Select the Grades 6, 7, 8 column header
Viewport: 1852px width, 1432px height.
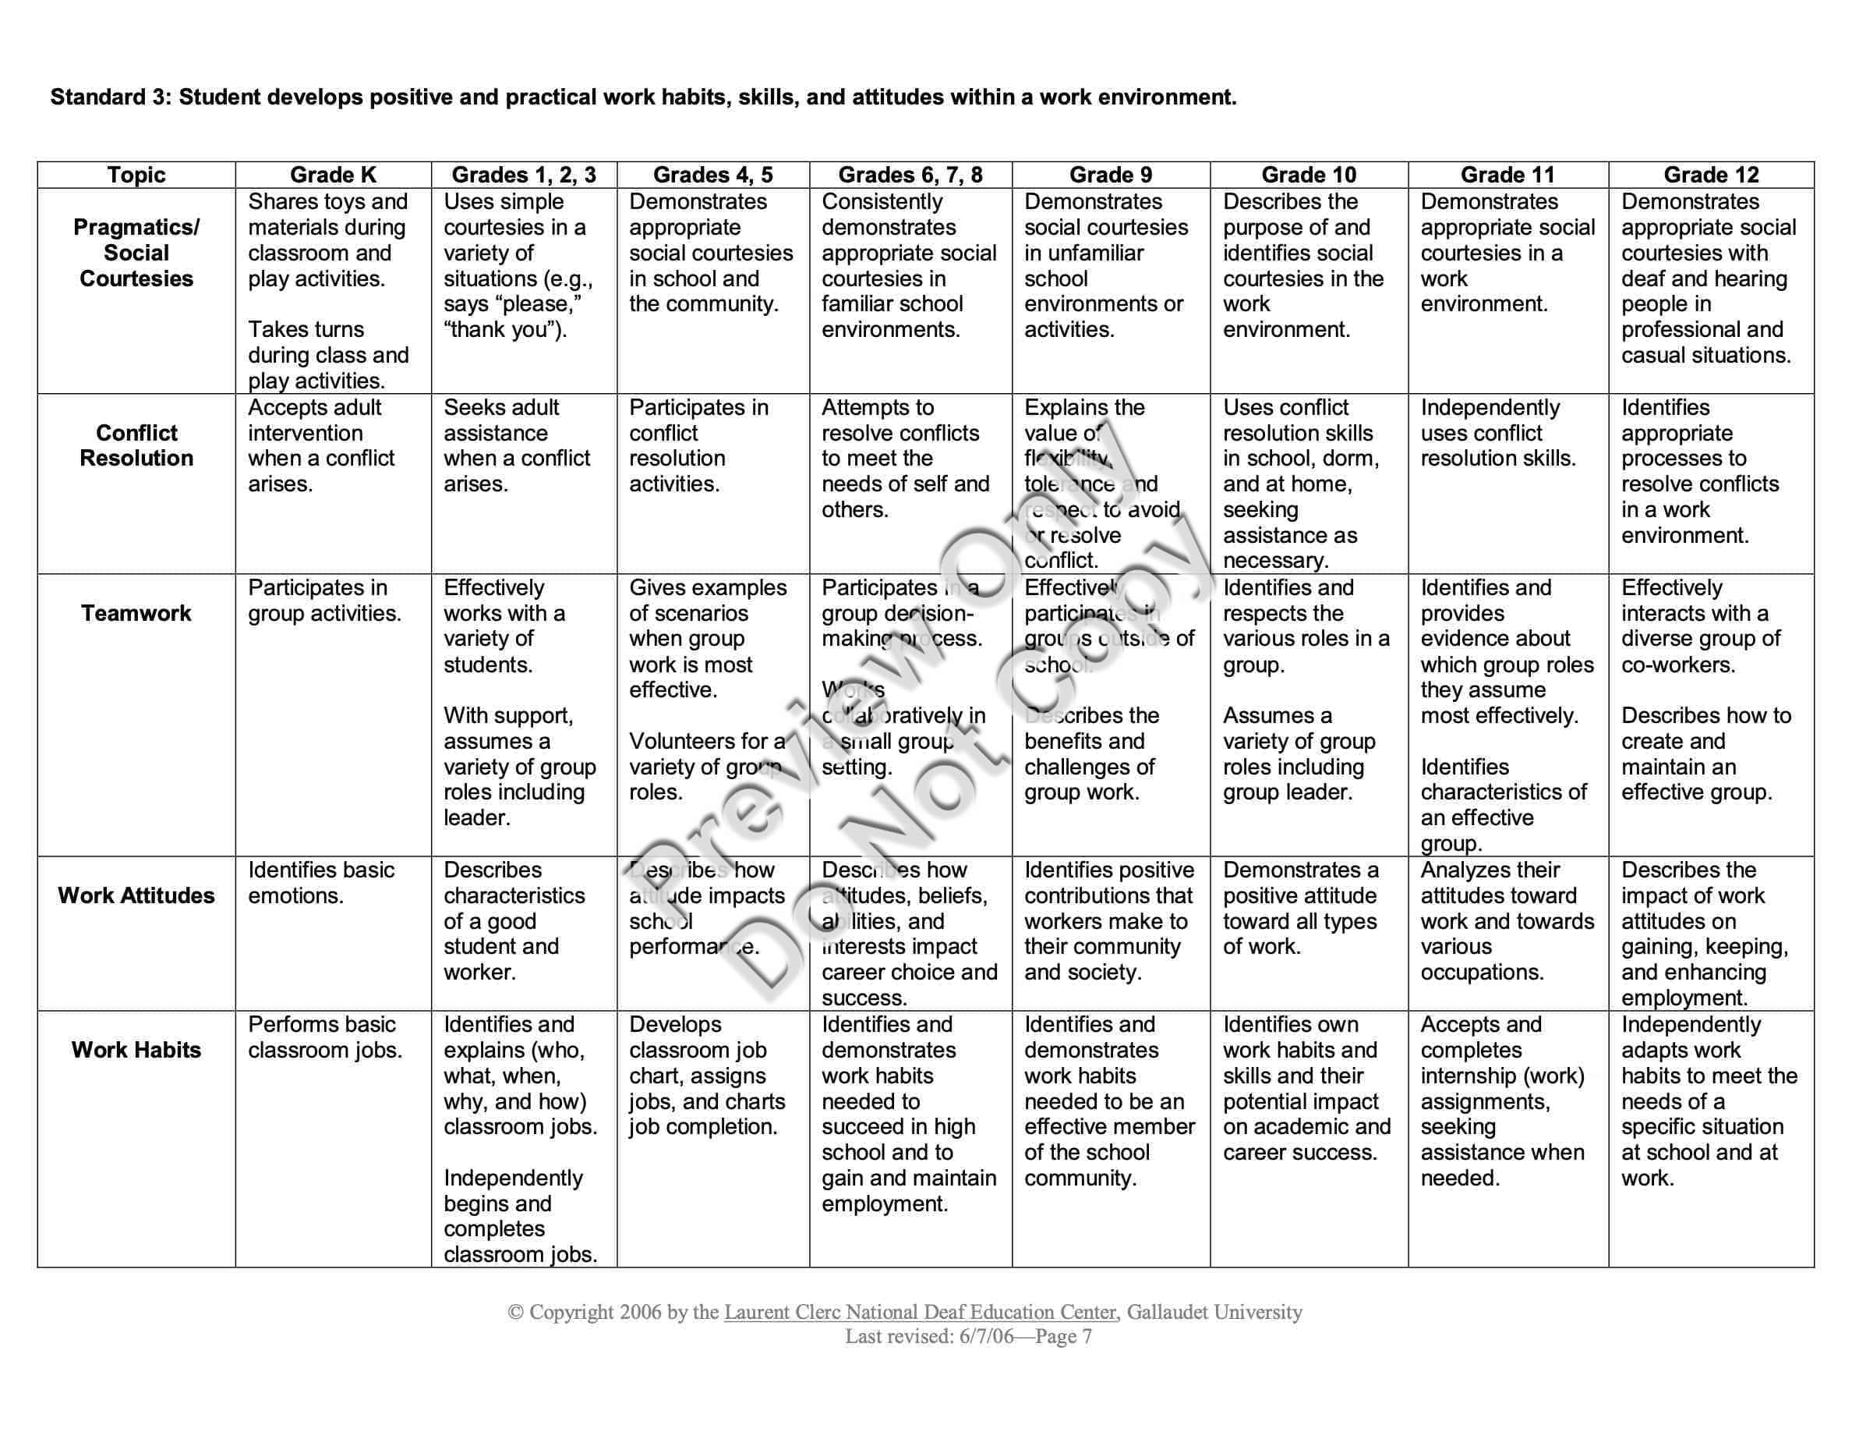click(910, 175)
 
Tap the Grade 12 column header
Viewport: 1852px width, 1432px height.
click(1710, 175)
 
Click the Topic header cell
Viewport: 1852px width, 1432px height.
click(136, 175)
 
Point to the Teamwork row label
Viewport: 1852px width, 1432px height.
click(136, 613)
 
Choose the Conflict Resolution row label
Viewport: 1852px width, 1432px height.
click(136, 445)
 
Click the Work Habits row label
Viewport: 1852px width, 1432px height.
click(136, 1051)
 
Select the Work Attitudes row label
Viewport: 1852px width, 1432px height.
click(136, 896)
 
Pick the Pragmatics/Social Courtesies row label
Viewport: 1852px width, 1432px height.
click(136, 253)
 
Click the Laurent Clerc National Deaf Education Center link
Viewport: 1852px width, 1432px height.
click(920, 1313)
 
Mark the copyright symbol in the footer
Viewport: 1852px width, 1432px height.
click(514, 1313)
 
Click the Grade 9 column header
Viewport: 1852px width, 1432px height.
click(1110, 175)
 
